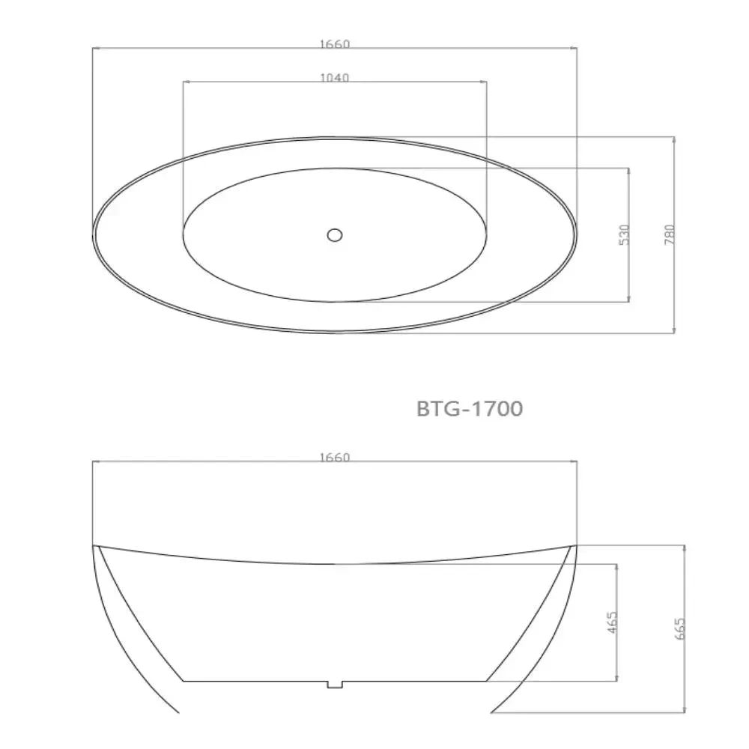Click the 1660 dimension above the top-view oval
334,44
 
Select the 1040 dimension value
334,77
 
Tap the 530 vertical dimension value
625,234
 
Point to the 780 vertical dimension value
670,234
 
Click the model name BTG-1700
469,409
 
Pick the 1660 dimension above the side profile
334,458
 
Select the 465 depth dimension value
612,622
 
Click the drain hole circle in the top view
335,234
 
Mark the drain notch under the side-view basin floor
335,684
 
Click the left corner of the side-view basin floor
184,681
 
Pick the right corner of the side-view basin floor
487,681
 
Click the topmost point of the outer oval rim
335,137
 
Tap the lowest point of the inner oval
335,302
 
